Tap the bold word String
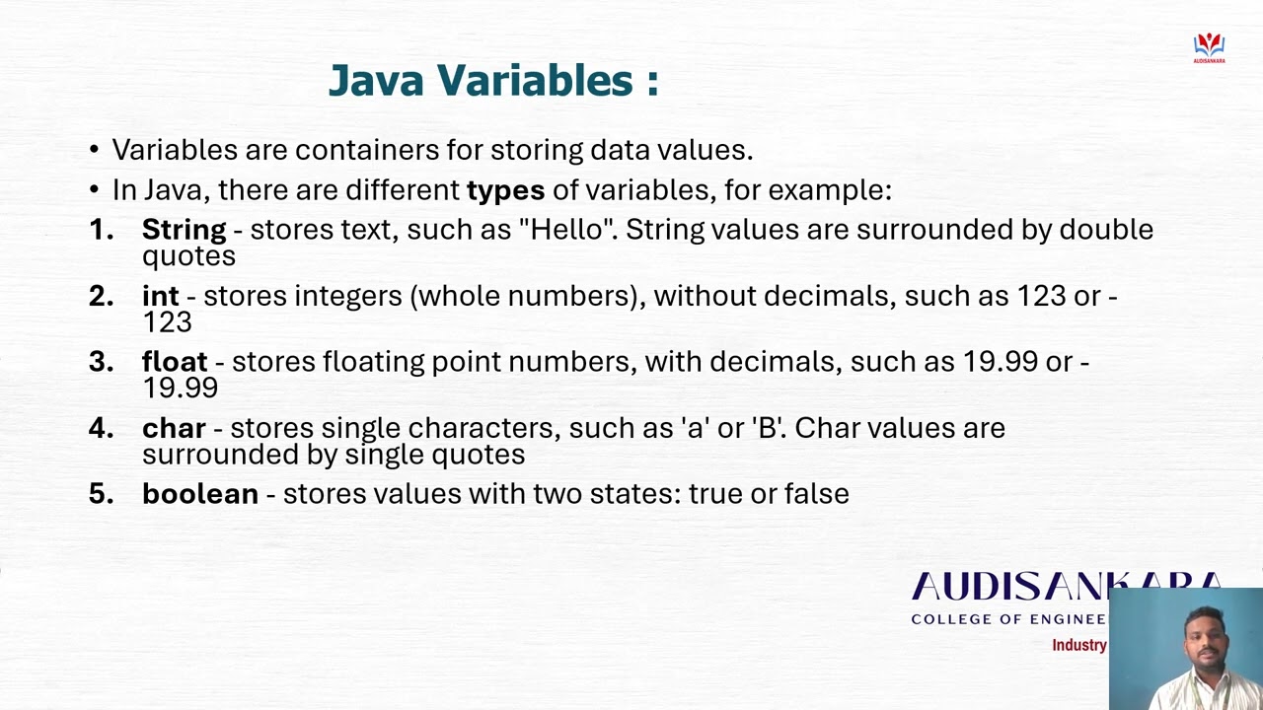184,230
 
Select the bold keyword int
160,296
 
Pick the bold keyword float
175,362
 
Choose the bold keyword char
174,428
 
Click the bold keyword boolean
200,494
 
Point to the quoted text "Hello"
567,230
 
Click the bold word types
505,189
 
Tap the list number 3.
101,362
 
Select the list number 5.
101,494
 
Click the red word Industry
1078,645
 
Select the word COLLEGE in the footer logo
949,619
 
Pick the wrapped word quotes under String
188,256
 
